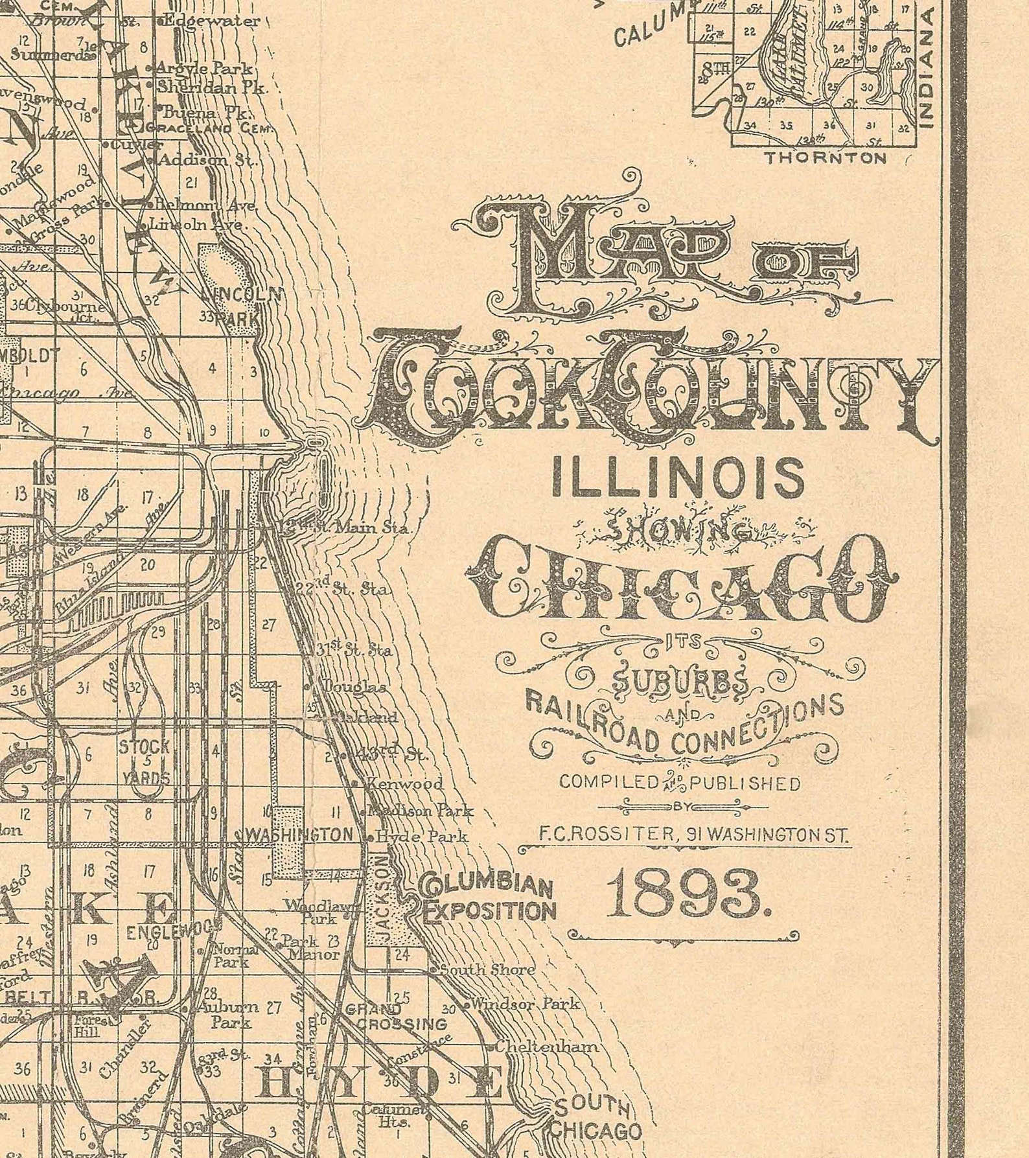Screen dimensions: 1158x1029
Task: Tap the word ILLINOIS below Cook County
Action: tap(677, 476)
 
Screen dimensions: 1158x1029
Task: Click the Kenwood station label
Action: tap(404, 783)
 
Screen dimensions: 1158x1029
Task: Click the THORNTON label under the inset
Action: tap(826, 157)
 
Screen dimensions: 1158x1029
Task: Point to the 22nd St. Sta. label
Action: tap(343, 588)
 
